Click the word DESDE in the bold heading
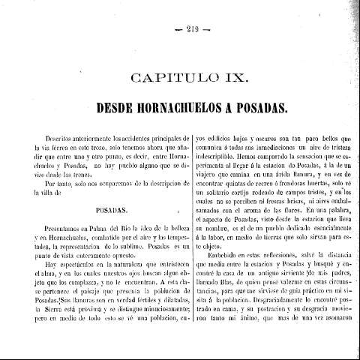pos(116,107)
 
